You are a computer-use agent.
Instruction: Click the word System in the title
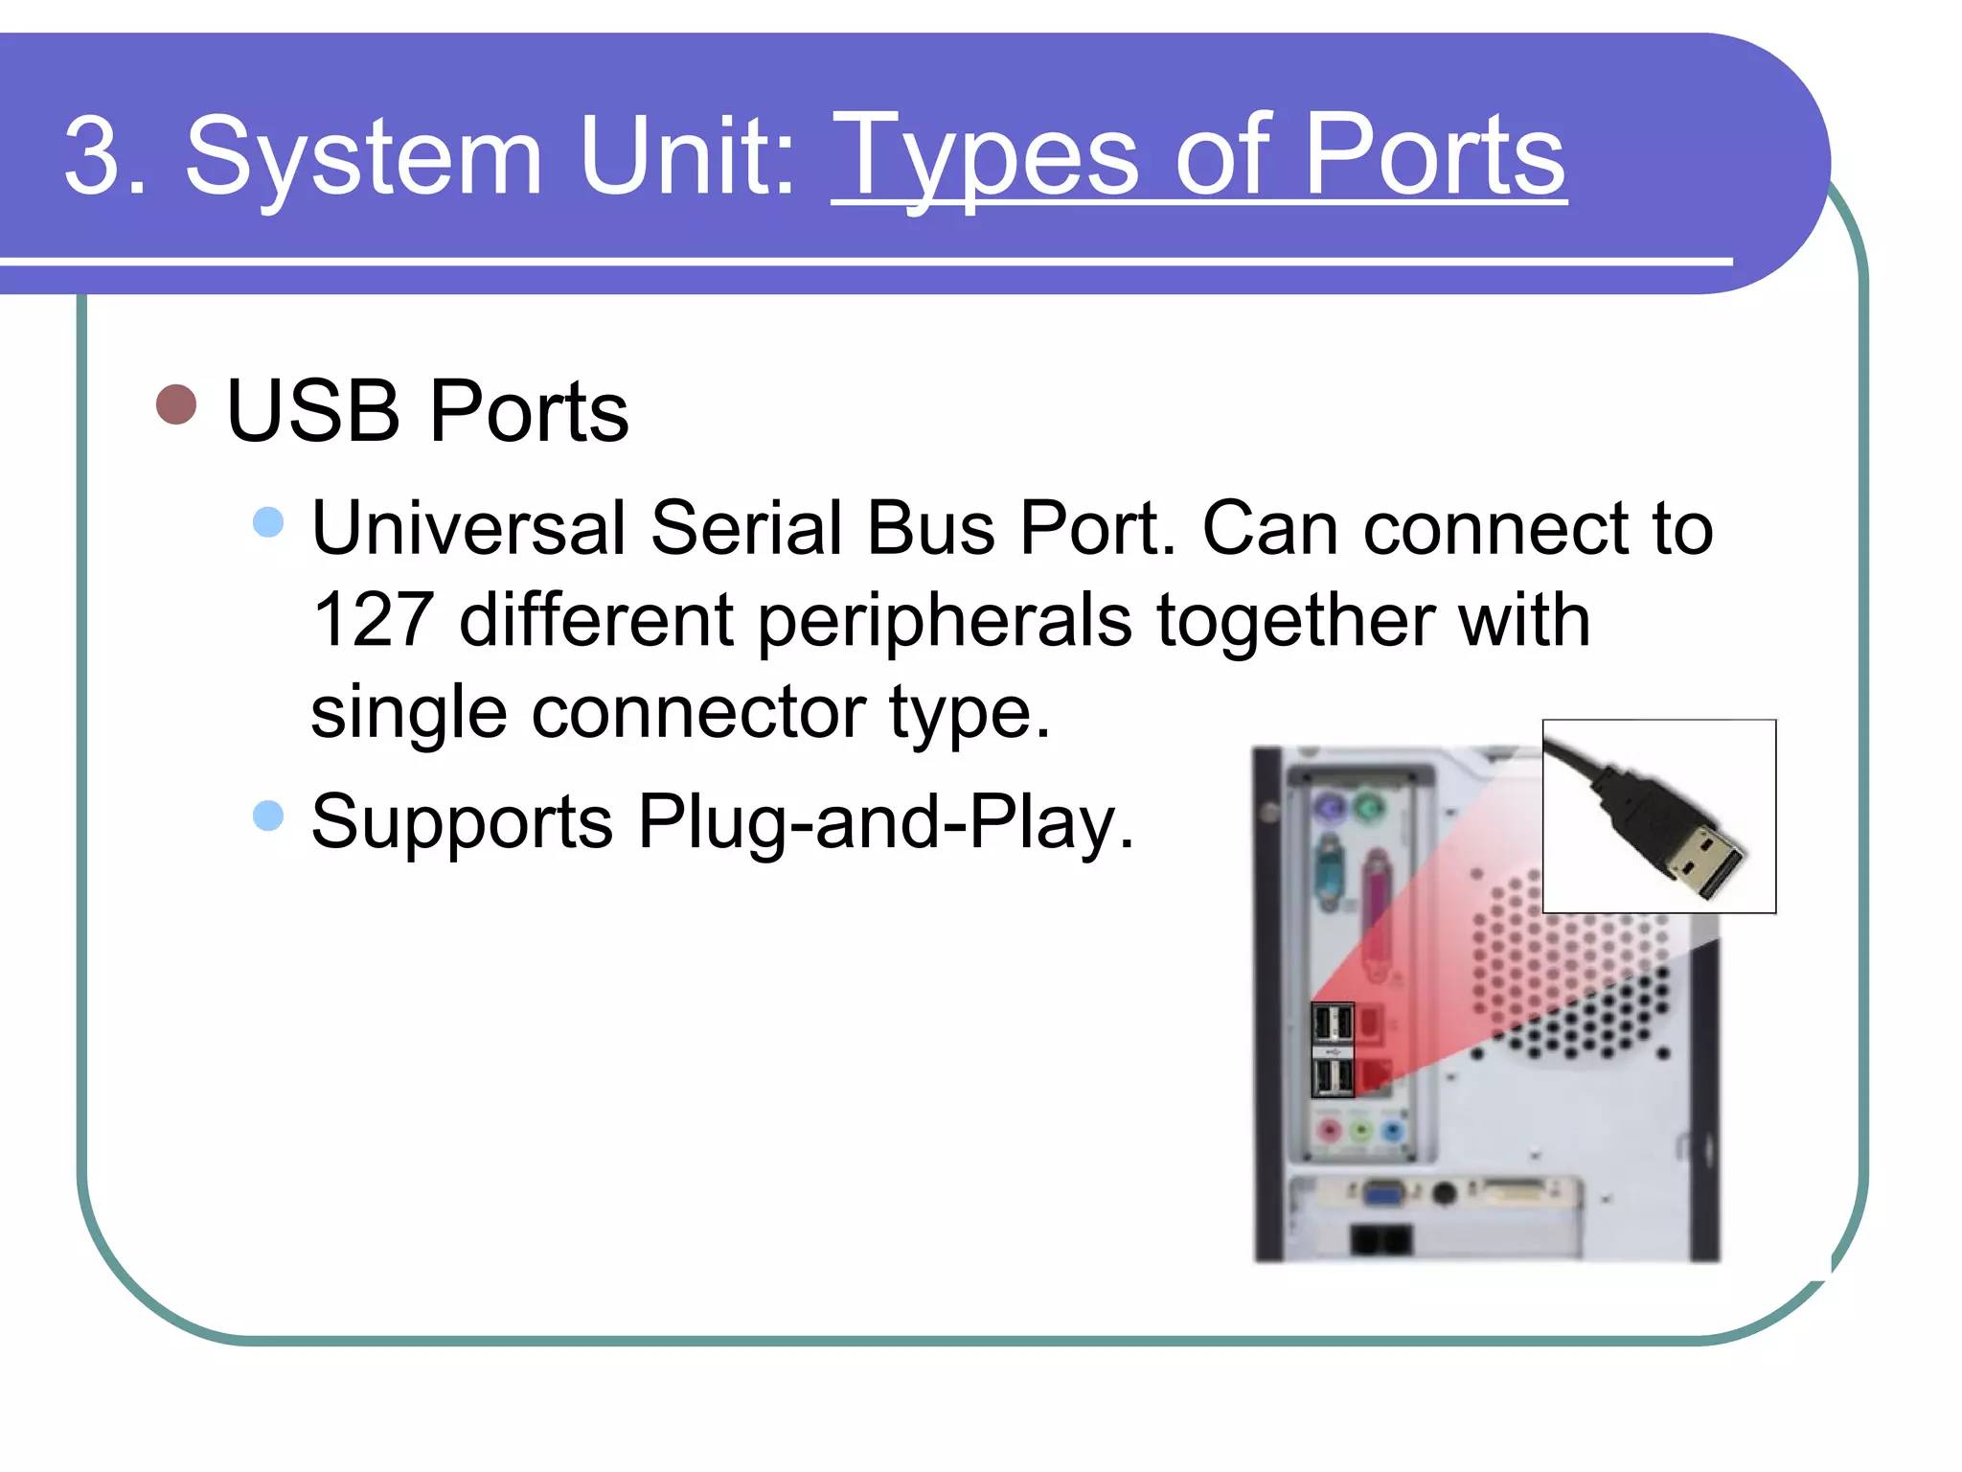pos(364,156)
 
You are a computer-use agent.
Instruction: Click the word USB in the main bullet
pos(312,411)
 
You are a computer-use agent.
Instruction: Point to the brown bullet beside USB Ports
pos(176,404)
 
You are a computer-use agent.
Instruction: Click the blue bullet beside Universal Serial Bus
pos(268,522)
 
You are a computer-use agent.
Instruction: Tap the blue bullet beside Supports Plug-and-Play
pos(268,816)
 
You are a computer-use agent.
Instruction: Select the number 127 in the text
pos(373,620)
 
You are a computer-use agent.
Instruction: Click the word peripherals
pos(945,620)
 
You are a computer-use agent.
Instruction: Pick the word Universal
pos(468,528)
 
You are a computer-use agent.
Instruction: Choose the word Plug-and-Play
pos(885,821)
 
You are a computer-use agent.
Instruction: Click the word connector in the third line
pos(698,712)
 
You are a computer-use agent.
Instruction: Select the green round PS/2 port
pos(1368,808)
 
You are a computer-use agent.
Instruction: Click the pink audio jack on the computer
pos(1330,1132)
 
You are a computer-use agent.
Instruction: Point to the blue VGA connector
pos(1381,1194)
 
